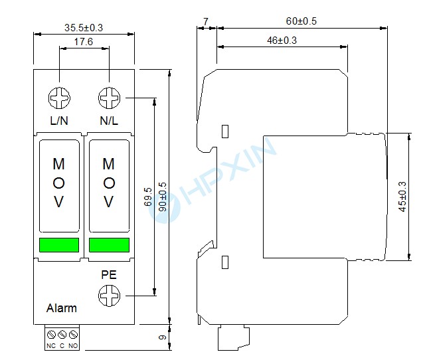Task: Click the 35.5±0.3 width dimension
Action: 84,27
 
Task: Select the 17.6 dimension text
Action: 84,41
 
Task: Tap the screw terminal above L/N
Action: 59,99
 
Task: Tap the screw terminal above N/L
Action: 109,99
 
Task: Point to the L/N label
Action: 59,122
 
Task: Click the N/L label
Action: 109,122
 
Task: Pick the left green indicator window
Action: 59,245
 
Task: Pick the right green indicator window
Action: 109,245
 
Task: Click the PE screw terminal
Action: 109,294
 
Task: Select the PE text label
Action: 109,274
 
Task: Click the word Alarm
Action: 61,308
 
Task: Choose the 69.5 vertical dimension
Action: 148,198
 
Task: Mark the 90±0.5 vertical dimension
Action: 161,198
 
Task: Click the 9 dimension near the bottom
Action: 161,337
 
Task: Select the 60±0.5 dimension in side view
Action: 301,21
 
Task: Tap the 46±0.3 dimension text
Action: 282,40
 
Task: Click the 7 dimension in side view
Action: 206,21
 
